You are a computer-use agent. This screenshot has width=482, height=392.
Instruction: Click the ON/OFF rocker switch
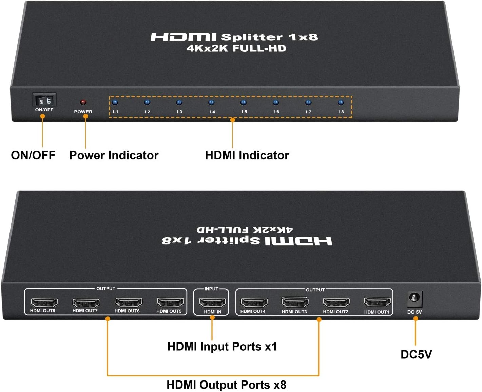tap(44, 100)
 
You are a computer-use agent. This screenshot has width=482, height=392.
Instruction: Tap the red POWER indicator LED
tap(83, 102)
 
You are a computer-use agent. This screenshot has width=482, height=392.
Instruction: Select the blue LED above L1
tap(115, 102)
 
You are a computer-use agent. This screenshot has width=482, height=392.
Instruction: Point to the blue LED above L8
tap(341, 102)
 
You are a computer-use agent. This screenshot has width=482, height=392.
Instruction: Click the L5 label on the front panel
tap(244, 112)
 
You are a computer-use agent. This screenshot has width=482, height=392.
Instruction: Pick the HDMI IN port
tap(212, 302)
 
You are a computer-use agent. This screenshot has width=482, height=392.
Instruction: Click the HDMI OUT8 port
tap(44, 302)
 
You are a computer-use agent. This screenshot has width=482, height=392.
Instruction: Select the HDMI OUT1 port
tap(377, 302)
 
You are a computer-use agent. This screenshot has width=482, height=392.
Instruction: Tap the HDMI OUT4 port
tap(254, 302)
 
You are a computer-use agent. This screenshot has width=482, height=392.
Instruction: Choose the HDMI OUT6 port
tap(129, 302)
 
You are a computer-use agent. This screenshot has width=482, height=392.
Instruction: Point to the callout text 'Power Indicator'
tap(114, 155)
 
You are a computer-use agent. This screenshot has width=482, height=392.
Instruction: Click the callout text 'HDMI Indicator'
tap(247, 155)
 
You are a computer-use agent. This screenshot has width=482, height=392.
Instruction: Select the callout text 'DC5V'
tap(416, 354)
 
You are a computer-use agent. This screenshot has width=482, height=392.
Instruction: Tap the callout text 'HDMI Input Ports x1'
tap(222, 347)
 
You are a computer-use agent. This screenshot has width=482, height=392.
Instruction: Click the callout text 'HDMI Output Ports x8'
tap(226, 385)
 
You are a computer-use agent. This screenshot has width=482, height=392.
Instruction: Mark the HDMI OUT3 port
tap(295, 302)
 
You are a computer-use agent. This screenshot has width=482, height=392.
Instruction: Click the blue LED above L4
tap(211, 102)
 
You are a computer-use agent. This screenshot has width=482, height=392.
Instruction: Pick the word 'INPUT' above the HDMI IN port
tap(211, 289)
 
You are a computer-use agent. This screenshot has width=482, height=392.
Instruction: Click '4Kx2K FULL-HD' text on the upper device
tap(236, 48)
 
